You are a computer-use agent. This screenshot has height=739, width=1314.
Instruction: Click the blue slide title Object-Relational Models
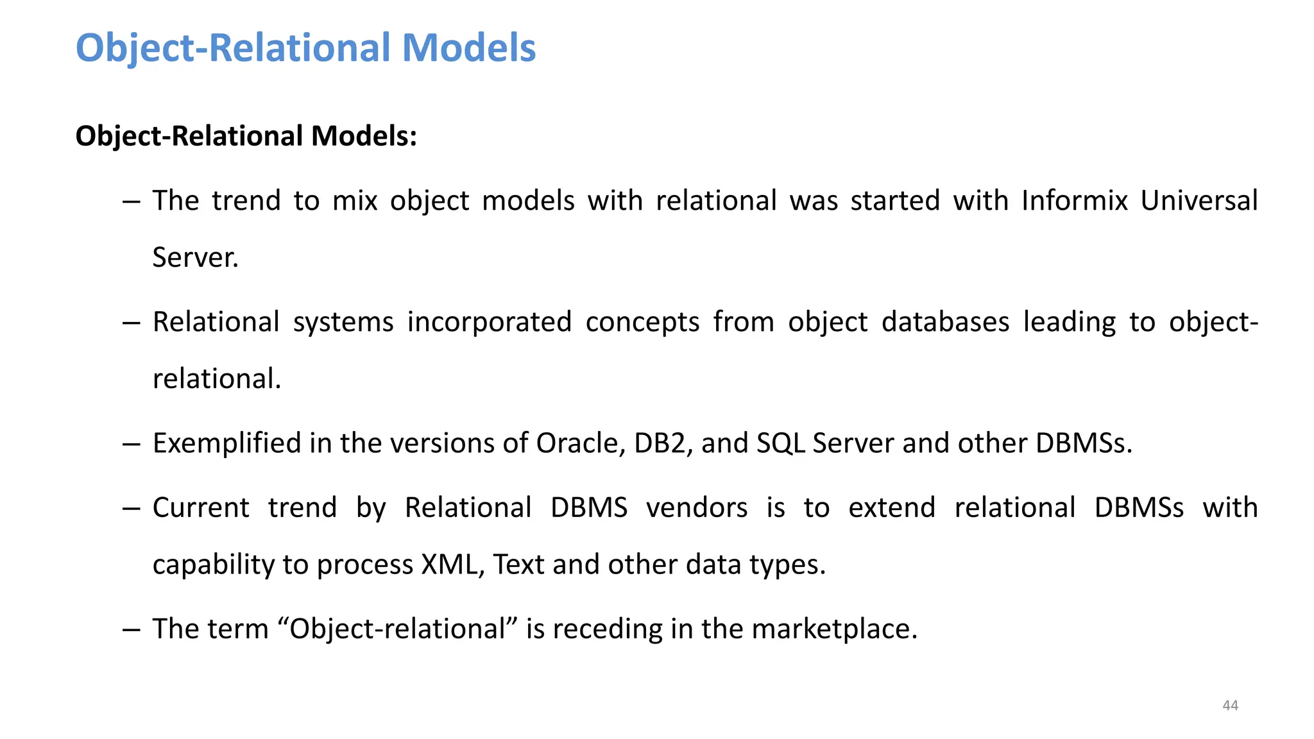(305, 48)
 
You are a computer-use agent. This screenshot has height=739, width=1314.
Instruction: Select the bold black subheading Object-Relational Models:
(246, 136)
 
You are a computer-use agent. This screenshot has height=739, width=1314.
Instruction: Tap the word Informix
(1074, 201)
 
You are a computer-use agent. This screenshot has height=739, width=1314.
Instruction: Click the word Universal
(1199, 201)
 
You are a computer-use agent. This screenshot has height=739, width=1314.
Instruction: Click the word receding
(607, 629)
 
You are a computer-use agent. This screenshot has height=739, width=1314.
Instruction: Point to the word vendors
(697, 508)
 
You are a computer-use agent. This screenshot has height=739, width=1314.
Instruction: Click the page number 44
(1230, 706)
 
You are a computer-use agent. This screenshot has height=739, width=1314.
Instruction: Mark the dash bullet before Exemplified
(131, 444)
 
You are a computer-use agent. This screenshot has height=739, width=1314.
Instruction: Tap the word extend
(892, 508)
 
